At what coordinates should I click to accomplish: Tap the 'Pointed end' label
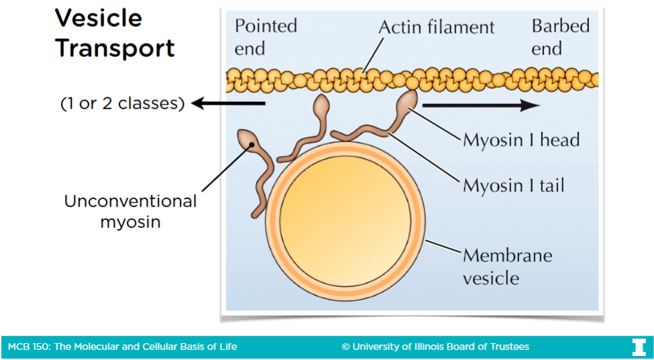(x=266, y=37)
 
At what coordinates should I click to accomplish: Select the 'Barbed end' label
(x=560, y=37)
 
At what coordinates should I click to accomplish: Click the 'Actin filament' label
(x=436, y=27)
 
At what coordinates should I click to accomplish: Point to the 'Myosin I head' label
(x=521, y=140)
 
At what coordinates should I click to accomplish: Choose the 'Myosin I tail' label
(x=514, y=185)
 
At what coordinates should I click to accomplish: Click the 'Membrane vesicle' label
(x=507, y=266)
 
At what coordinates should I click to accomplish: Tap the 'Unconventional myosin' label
(x=130, y=211)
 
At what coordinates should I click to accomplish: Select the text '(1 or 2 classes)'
(x=121, y=104)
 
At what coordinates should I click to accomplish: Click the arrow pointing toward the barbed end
(x=480, y=105)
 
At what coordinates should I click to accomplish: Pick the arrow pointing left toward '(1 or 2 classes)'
(x=228, y=103)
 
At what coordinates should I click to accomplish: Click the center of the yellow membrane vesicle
(x=345, y=219)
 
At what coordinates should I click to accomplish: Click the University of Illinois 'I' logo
(x=638, y=347)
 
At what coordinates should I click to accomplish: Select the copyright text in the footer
(x=435, y=347)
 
